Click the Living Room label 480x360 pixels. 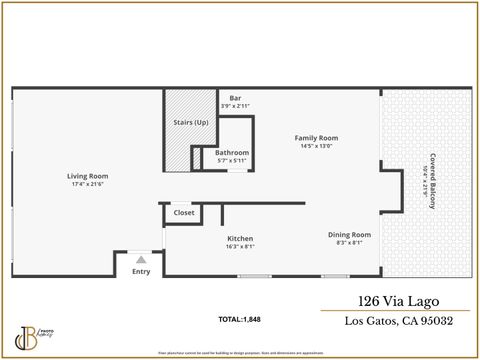88,176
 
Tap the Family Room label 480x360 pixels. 315,138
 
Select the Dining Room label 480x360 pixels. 345,234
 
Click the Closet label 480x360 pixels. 184,213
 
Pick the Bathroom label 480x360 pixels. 232,152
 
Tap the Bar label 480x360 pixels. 236,97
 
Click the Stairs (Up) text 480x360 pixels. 191,123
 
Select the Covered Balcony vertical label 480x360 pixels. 433,180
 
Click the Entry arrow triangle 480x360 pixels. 141,259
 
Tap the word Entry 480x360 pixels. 141,271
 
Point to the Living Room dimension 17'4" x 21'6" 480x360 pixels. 88,184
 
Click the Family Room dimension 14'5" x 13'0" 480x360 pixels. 315,146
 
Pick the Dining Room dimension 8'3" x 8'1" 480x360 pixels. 345,242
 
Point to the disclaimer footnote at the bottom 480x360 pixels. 240,353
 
